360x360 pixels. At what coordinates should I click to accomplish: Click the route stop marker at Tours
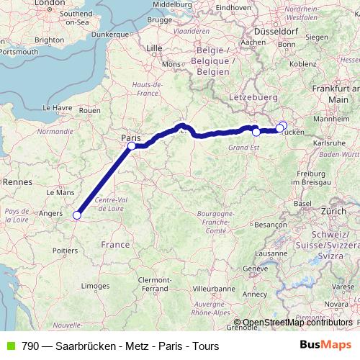click(76, 214)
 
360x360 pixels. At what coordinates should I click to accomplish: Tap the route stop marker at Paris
click(132, 146)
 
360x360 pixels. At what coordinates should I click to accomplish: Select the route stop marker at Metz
click(256, 132)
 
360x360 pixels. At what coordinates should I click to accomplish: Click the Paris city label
click(131, 136)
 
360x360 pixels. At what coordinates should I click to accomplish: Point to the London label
click(50, 3)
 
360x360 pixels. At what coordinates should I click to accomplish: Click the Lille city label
click(155, 48)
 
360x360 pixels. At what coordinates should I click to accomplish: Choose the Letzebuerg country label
click(252, 96)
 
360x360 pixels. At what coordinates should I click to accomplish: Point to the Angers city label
click(50, 213)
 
